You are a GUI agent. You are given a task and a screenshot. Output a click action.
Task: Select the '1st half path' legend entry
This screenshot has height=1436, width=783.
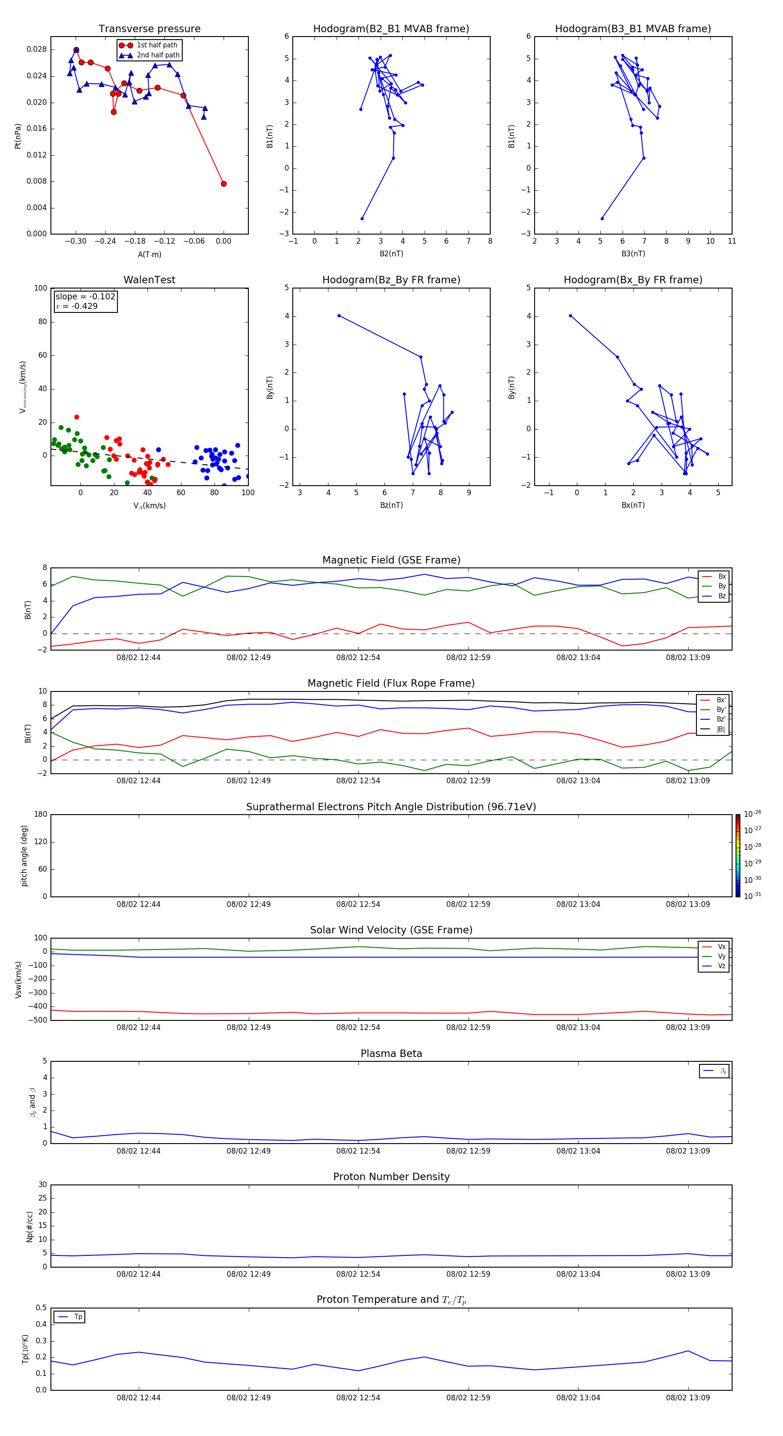[x=157, y=45]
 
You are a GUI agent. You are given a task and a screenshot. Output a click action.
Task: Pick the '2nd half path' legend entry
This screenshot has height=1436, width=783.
[x=158, y=55]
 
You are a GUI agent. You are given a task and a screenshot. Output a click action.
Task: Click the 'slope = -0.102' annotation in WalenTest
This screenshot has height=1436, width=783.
[x=85, y=297]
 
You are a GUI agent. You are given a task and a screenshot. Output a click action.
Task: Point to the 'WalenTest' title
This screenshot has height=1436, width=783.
[x=149, y=280]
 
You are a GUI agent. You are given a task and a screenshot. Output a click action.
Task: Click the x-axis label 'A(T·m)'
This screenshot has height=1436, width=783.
[x=149, y=254]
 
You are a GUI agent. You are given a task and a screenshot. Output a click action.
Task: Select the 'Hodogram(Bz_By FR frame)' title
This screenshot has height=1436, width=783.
[x=391, y=280]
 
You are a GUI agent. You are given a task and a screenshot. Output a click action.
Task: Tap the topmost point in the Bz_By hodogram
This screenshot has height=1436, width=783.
[x=339, y=315]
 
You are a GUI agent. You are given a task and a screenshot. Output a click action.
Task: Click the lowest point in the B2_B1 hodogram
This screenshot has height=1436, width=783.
[x=362, y=218]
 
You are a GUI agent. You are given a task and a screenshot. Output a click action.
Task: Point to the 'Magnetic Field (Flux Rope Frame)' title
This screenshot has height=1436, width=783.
[x=391, y=684]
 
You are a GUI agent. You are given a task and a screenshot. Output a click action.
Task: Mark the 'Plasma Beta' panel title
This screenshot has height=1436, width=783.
[x=391, y=1054]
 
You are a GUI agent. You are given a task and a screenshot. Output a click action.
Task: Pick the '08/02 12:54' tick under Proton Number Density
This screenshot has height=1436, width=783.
[x=358, y=1274]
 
